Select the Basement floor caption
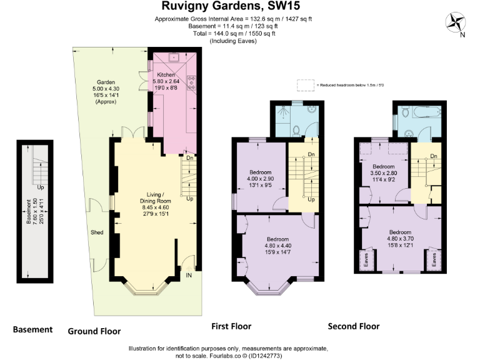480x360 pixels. coord(32,329)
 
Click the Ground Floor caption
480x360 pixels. coord(94,331)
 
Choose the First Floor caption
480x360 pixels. coord(232,326)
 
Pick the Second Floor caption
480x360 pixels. coord(354,326)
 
